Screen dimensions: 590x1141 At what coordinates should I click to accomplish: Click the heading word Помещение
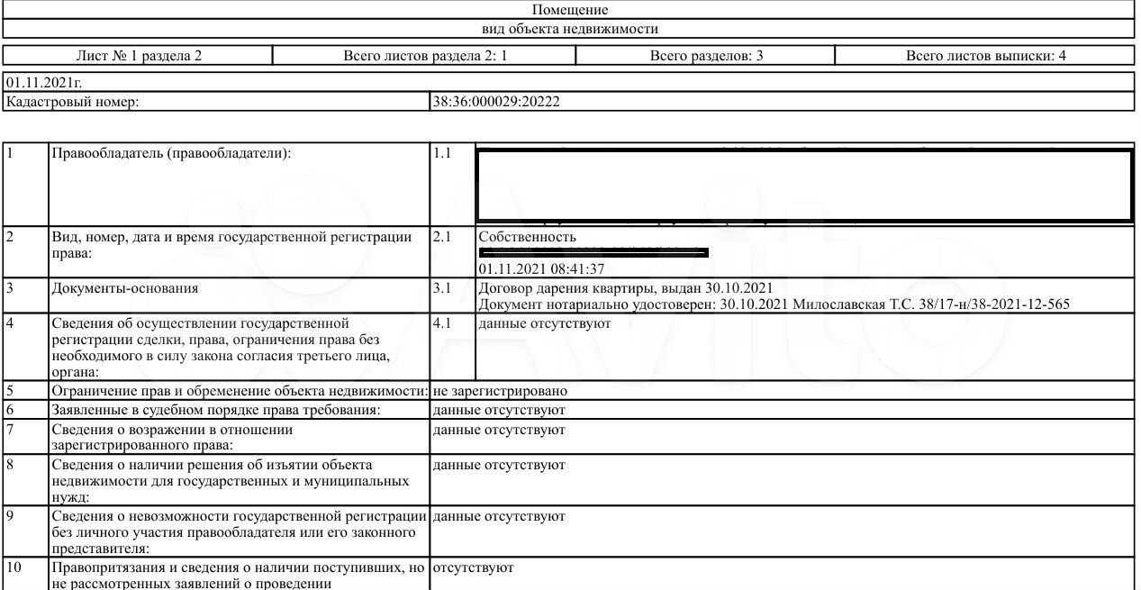coord(570,10)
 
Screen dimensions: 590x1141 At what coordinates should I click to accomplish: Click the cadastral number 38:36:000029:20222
coord(496,102)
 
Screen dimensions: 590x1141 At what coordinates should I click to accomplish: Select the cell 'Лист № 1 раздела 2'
coord(139,56)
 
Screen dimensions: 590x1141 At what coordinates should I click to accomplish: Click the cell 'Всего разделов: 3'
coord(706,56)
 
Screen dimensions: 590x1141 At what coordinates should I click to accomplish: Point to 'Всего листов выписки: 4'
coord(985,56)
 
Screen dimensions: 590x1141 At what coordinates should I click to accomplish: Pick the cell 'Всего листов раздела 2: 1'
coord(426,56)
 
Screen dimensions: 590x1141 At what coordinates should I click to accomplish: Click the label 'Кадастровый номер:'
coord(73,102)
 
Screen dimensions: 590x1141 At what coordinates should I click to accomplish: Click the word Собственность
coord(527,237)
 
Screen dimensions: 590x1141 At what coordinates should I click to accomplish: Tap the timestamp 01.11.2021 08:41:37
coord(541,268)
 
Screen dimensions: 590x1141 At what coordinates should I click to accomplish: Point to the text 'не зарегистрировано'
coord(500,391)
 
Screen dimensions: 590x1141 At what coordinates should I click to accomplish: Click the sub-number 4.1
coord(441,322)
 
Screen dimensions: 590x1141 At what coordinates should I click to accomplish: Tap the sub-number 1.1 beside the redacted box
coord(441,153)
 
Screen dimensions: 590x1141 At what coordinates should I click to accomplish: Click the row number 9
coord(10,516)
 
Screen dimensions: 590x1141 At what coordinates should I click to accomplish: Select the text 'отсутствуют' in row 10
coord(474,568)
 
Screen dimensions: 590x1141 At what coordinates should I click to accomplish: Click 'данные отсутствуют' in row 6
coord(499,410)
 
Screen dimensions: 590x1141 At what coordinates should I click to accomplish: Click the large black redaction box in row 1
coord(804,186)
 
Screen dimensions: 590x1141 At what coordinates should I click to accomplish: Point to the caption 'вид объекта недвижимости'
coord(570,29)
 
